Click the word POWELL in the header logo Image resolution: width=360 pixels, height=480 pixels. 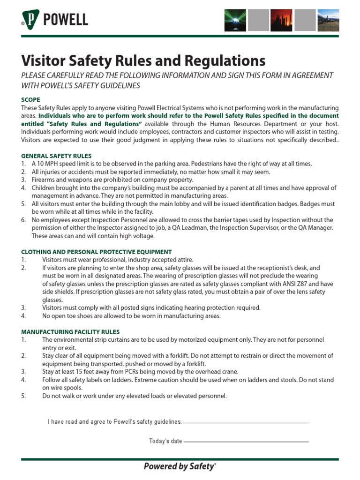(x=65, y=20)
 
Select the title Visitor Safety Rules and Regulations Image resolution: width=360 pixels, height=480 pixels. (x=143, y=60)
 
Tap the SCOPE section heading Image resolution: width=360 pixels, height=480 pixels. (x=31, y=100)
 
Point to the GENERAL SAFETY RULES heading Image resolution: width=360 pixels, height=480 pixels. (x=56, y=156)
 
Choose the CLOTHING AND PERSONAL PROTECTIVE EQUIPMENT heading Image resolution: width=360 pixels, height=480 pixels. (x=97, y=252)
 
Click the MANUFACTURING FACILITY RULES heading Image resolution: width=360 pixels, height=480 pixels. (x=70, y=331)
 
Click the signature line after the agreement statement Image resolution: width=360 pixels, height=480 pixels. (x=246, y=423)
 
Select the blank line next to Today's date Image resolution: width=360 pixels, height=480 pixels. (x=246, y=442)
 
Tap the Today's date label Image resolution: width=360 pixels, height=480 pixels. (x=165, y=441)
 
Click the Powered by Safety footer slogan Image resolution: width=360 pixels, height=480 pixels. (x=180, y=466)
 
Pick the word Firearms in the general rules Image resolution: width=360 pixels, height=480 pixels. (x=43, y=180)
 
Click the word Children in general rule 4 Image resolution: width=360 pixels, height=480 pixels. (x=44, y=188)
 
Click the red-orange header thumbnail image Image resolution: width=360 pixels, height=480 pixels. (x=281, y=20)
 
